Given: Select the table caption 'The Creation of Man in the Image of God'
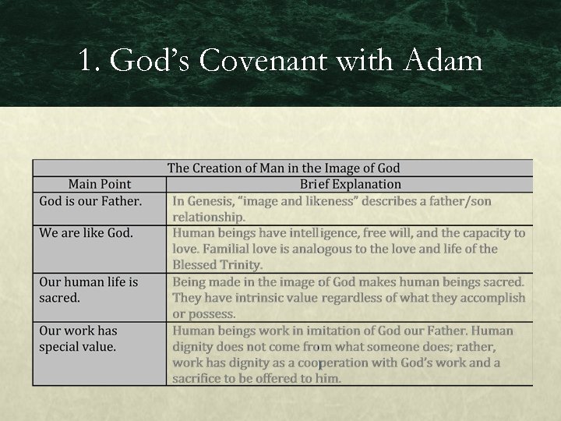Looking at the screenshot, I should (284, 168).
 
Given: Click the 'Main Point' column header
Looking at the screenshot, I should (100, 185).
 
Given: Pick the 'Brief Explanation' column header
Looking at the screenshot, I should (351, 185).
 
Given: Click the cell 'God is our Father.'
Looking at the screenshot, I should (90, 201).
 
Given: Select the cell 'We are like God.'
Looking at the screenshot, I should (86, 232).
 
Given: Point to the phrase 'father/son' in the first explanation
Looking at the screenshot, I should (460, 201).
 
